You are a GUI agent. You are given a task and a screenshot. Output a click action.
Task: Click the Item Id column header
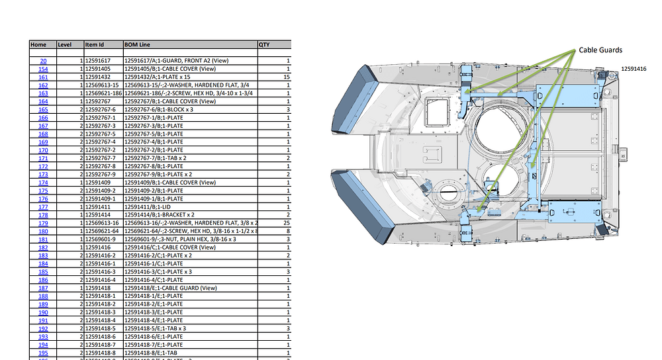pos(95,44)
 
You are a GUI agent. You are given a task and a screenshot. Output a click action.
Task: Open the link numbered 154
pos(43,69)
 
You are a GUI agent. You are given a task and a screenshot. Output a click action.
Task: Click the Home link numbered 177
pos(43,206)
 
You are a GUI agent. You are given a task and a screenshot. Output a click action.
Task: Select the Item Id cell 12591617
pos(99,61)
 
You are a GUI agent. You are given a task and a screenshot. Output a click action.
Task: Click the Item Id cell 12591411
pos(99,206)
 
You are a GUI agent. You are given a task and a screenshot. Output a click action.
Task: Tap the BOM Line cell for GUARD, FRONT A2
pos(172,61)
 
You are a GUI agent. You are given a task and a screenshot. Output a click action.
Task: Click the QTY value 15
pos(287,77)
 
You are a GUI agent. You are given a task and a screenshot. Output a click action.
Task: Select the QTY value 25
pos(287,223)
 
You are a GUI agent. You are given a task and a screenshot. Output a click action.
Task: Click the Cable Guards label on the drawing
pos(600,50)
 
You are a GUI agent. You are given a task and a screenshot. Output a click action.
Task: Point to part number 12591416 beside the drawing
pos(634,69)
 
